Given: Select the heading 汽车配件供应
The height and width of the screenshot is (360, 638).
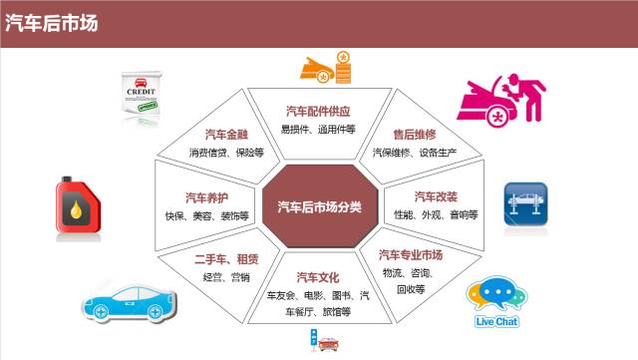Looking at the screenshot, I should [x=318, y=111].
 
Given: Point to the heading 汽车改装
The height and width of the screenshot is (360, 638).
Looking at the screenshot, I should [x=436, y=195].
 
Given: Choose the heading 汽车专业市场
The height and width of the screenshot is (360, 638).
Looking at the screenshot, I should [x=411, y=255].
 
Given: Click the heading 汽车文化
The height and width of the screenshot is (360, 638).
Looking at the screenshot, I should [x=318, y=276].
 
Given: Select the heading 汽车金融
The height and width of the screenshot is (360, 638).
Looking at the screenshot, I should [x=225, y=134].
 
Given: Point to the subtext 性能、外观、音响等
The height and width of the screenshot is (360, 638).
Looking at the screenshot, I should [x=436, y=214].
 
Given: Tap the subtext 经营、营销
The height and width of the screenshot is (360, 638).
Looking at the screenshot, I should [x=225, y=278].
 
